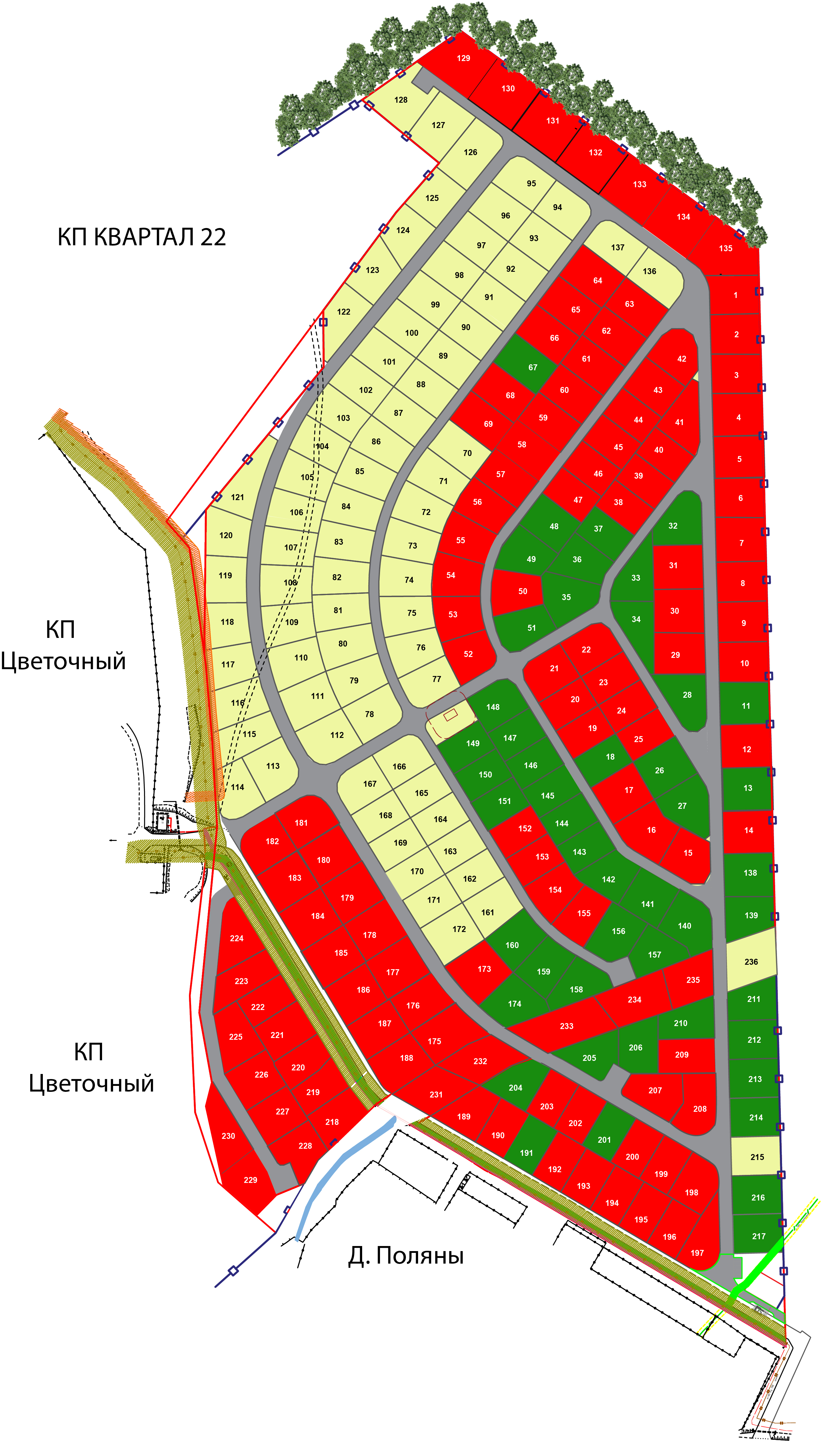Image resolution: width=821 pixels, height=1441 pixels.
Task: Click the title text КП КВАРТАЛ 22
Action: pyautogui.click(x=142, y=237)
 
